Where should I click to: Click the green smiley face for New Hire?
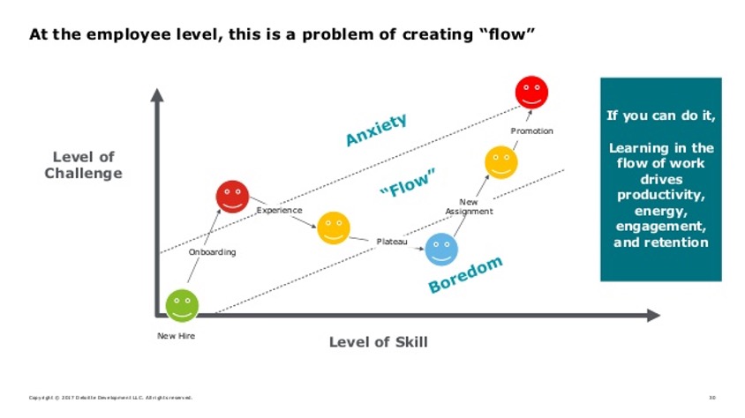[182, 305]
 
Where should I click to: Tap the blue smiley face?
[441, 249]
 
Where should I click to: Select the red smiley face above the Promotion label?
[531, 93]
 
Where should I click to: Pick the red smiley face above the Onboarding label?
[232, 196]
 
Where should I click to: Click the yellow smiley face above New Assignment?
[501, 162]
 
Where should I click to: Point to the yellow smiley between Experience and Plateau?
[333, 228]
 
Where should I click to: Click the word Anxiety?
[376, 129]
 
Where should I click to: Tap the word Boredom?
[465, 274]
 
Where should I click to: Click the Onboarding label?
[212, 252]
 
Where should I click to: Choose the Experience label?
[279, 210]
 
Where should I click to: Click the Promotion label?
[531, 131]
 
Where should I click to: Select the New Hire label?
[176, 336]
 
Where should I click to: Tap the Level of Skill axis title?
[378, 342]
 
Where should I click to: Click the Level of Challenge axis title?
[83, 165]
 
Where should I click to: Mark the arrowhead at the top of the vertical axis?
[157, 94]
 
